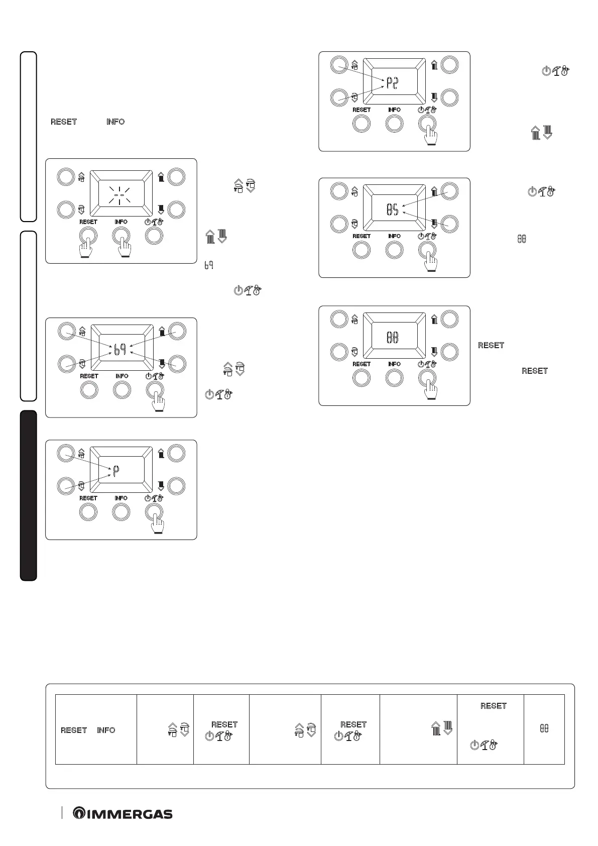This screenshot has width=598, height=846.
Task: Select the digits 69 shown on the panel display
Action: click(x=119, y=349)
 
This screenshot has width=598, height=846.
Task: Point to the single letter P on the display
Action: click(x=115, y=471)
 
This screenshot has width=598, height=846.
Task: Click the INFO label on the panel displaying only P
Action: click(x=121, y=498)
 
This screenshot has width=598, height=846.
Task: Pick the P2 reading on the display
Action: click(x=392, y=83)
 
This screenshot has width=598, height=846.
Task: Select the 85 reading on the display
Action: click(x=392, y=210)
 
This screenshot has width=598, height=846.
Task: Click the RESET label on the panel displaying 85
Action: click(x=362, y=236)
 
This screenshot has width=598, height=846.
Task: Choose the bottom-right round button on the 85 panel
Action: click(x=449, y=224)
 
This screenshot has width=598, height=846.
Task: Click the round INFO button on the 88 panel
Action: click(x=395, y=378)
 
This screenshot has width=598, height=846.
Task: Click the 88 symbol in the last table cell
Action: click(x=544, y=728)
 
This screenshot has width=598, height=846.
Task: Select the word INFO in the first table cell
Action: click(x=106, y=730)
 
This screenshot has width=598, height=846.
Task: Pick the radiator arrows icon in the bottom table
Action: click(x=442, y=728)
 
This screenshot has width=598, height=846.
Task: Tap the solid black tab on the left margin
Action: click(x=29, y=495)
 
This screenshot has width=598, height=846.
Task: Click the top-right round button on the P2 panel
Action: click(x=449, y=65)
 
